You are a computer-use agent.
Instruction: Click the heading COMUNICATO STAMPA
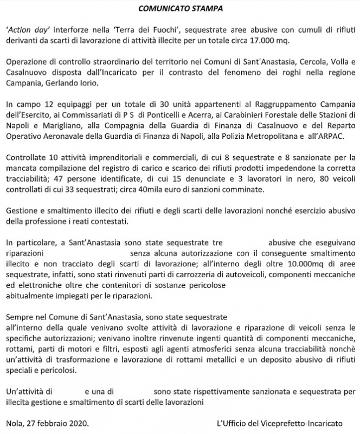tap(180, 9)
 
